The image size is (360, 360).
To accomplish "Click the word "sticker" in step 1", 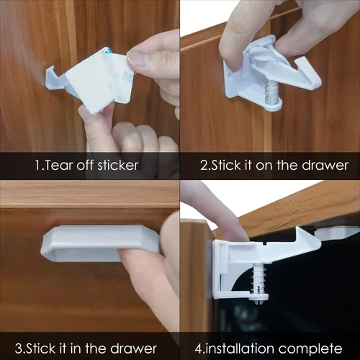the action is click(118, 166).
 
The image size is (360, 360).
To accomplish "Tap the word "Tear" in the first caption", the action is click(58, 166).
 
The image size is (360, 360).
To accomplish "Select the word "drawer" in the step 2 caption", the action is click(325, 166).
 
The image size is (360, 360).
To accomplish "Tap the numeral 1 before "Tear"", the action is click(38, 166).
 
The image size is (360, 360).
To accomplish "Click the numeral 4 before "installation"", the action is click(198, 349).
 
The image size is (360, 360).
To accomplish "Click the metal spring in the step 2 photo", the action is click(271, 92).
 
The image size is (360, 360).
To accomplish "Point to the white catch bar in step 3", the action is click(100, 243).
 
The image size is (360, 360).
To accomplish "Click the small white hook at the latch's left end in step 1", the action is click(51, 78).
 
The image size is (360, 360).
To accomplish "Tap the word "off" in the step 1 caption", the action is click(85, 166).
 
